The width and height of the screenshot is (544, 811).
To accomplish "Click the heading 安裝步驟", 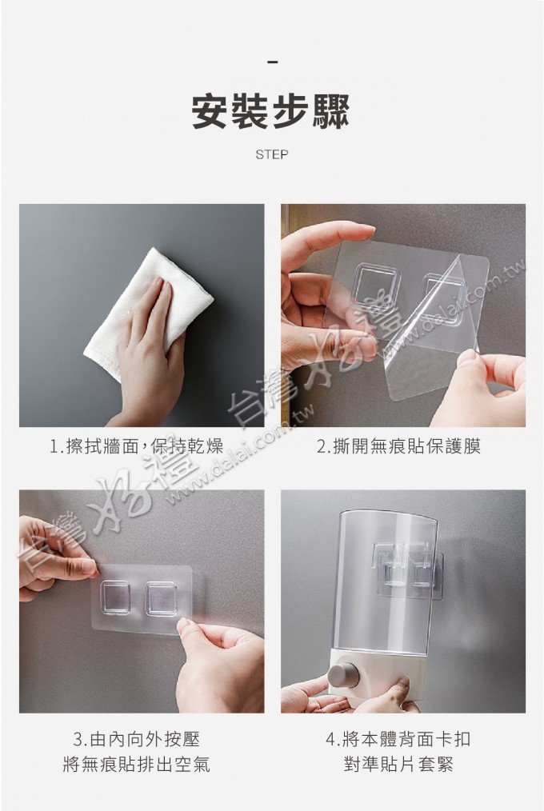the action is (271, 111).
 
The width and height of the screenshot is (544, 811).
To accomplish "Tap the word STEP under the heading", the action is (271, 154).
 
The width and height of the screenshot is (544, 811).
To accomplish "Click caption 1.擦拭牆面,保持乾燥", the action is (137, 445).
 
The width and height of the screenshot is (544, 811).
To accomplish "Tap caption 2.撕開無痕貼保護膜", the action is (398, 445).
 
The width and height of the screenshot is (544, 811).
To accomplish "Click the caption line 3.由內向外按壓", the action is (137, 739).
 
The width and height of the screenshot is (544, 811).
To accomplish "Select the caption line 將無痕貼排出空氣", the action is (137, 764).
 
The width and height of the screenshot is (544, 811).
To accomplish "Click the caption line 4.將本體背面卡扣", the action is (398, 739).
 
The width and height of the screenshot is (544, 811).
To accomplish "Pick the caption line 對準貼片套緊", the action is (398, 764).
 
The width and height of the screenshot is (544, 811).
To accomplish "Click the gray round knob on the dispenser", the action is (343, 675).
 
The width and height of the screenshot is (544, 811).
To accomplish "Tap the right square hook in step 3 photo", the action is (161, 599).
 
